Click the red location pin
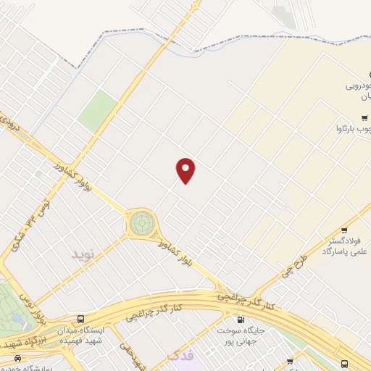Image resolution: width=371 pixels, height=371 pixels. (185, 170)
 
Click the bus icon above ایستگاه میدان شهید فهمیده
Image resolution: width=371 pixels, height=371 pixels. (80, 319)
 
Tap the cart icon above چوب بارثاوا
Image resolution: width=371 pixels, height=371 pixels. (364, 117)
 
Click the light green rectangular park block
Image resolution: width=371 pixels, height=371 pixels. (98, 112)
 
